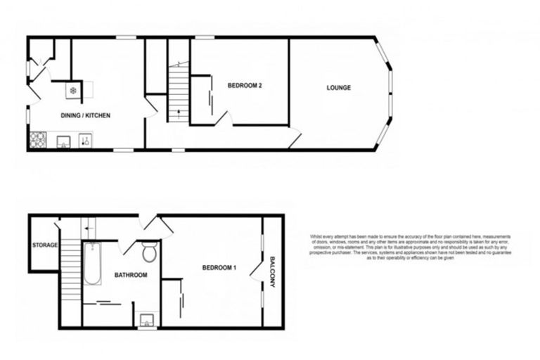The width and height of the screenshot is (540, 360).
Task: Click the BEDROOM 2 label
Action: click(245, 86)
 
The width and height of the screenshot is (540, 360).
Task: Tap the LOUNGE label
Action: click(338, 88)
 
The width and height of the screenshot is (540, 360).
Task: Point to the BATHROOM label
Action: click(131, 275)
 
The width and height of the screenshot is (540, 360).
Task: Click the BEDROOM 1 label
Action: click(219, 268)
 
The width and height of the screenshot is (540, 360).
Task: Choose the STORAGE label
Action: click(44, 245)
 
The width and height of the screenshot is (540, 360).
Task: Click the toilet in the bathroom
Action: click(148, 252)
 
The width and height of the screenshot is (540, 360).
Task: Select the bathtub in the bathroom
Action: click(92, 264)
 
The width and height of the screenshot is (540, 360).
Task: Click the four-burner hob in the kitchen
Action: click(37, 141)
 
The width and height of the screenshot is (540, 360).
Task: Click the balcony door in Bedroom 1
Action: click(263, 269)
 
